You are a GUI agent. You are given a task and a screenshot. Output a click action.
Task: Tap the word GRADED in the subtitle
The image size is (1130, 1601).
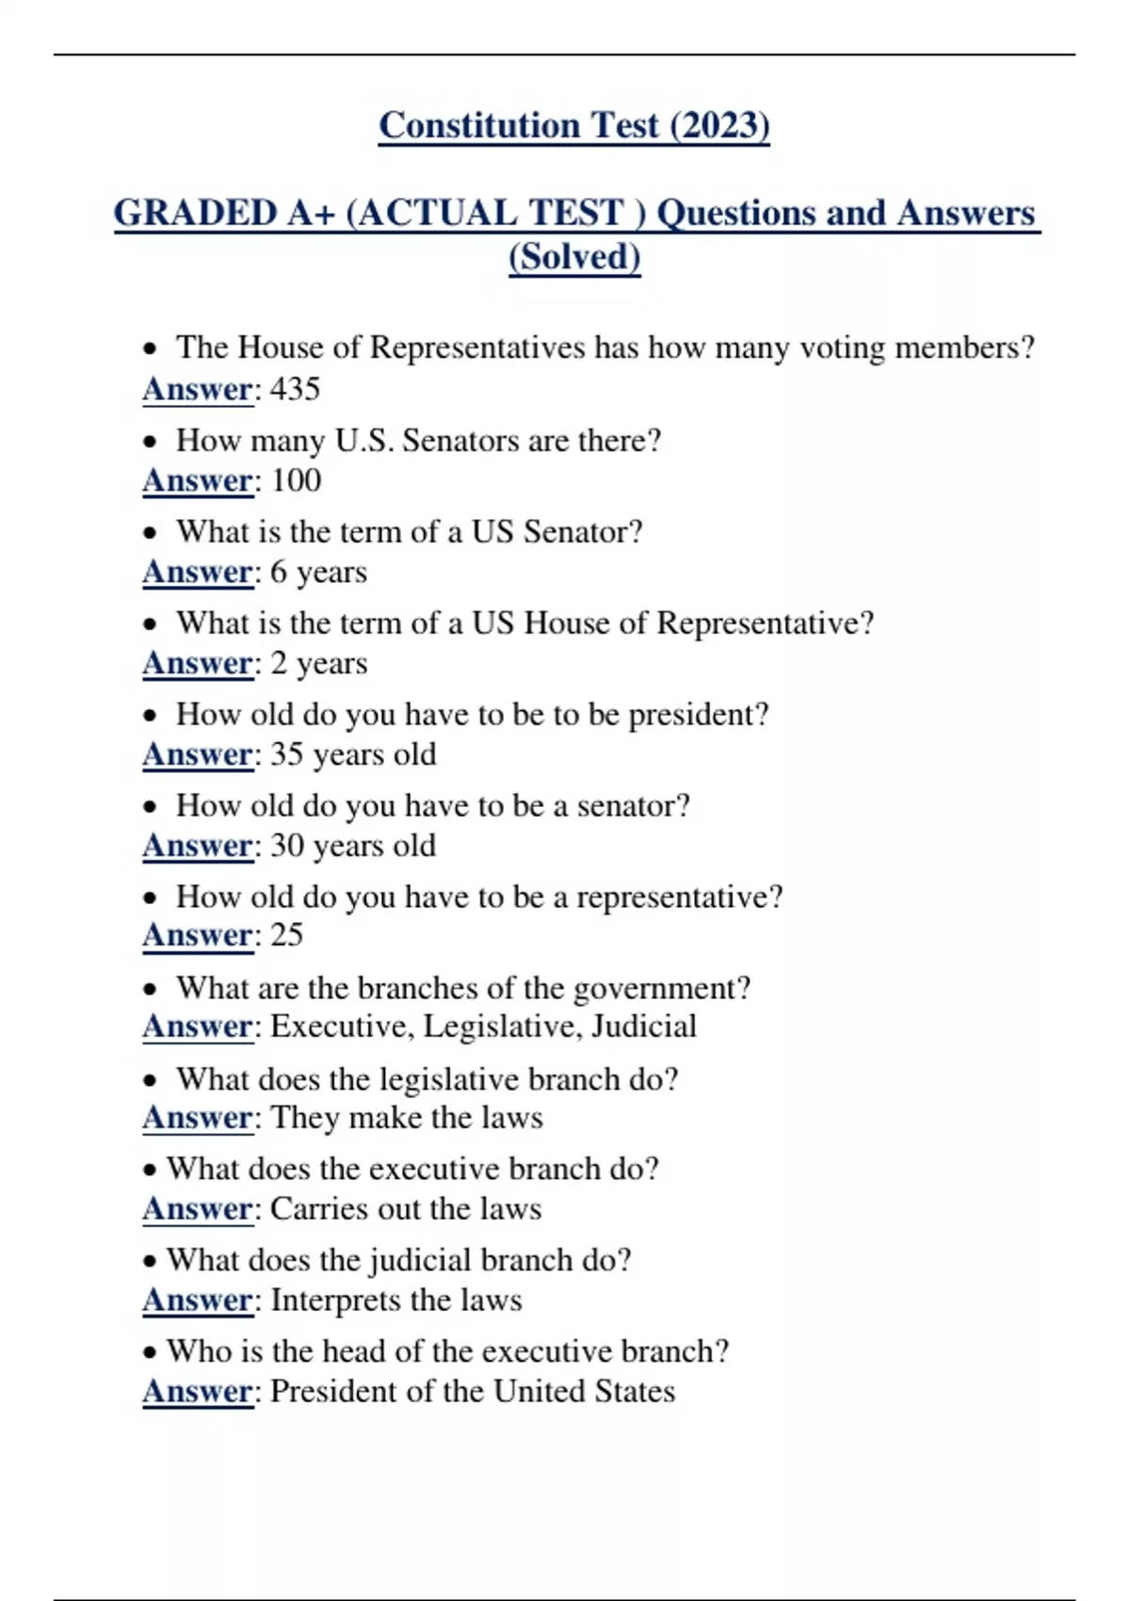(x=196, y=213)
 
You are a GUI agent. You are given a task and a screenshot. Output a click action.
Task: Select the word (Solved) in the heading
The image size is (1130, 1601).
(x=574, y=257)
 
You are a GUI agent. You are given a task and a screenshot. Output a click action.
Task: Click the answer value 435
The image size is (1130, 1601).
(x=295, y=389)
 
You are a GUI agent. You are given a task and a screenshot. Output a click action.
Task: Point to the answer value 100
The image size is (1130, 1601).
(x=296, y=480)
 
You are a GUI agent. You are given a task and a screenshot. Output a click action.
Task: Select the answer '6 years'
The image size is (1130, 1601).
(x=318, y=572)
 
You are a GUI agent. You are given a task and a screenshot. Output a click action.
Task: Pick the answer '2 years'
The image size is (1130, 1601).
(x=318, y=663)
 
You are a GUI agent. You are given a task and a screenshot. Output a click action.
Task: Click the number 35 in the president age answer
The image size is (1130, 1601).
(x=286, y=754)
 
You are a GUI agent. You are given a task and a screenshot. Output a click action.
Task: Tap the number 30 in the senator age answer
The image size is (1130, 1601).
(x=286, y=846)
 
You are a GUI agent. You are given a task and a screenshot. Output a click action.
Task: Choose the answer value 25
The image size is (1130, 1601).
(x=286, y=935)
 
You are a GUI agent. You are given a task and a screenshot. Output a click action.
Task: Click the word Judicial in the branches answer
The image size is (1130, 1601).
(x=644, y=1026)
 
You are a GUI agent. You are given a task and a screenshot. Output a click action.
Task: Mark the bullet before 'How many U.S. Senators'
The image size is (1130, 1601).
(x=150, y=442)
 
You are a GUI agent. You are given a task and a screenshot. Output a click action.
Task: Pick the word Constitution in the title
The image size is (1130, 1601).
(x=478, y=125)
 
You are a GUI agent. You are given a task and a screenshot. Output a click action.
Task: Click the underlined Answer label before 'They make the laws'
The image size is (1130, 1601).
(x=198, y=1118)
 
